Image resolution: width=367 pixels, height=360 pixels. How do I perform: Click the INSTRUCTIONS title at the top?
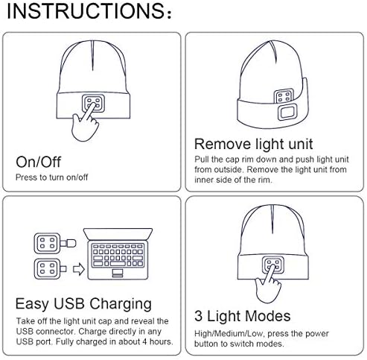pos(89,11)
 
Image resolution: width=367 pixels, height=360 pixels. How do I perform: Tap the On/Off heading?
pos(38,162)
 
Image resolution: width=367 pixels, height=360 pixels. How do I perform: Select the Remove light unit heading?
pos(253,145)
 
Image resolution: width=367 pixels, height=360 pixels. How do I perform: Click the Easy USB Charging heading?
pos(83,304)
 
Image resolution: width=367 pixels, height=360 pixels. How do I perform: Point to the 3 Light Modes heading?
pos(243,316)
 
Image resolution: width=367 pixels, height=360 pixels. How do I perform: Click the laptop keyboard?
pos(118,255)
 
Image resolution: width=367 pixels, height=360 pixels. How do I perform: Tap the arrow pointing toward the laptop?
pos(79,270)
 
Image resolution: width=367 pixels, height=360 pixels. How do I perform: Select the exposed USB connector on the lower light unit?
pos(63,269)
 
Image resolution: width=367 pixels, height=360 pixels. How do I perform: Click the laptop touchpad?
pos(118,273)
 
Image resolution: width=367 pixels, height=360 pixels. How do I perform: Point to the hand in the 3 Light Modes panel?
pos(267,285)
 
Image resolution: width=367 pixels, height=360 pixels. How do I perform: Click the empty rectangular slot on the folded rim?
pos(287,113)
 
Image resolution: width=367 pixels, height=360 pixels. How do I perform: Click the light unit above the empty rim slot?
pos(284,96)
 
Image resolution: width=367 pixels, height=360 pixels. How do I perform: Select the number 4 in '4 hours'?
pos(144,341)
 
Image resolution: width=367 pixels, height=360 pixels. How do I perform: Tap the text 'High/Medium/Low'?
pos(229,334)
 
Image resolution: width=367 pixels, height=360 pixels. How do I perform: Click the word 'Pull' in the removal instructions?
pos(201,160)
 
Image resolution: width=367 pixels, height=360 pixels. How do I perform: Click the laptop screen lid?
pos(118,234)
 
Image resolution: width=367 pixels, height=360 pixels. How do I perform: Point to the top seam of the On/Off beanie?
pos(92,56)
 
